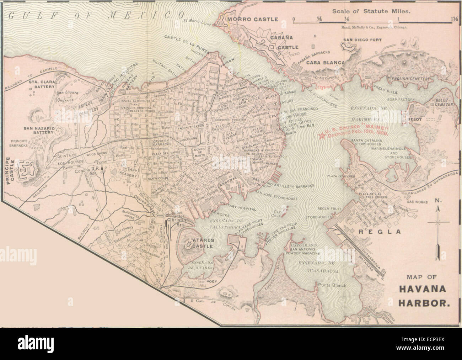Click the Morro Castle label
(x=252, y=19)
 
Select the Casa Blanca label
(x=326, y=63)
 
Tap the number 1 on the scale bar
(x=400, y=19)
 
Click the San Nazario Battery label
(x=38, y=130)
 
